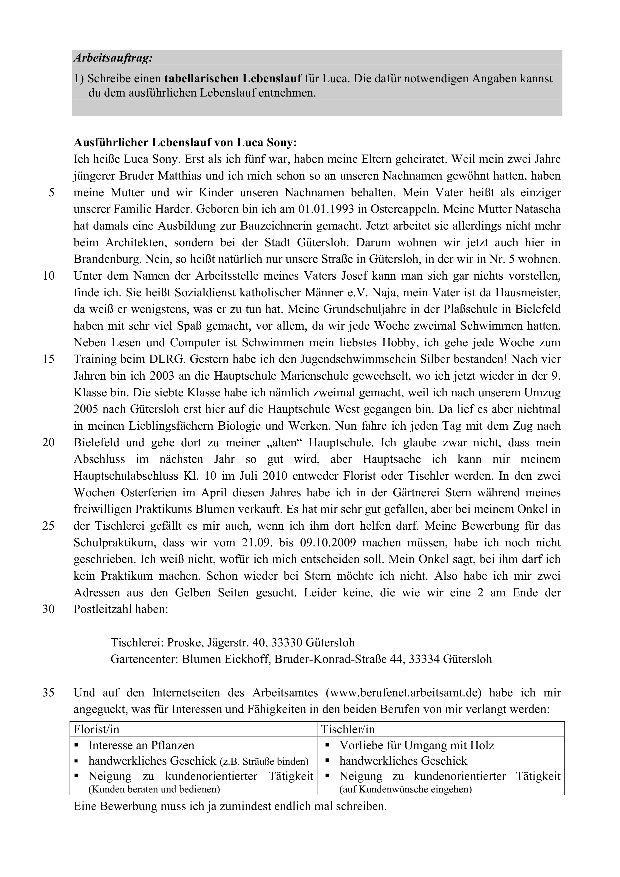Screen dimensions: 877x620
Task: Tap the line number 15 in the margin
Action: (48, 359)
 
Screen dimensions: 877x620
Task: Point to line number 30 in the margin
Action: (48, 609)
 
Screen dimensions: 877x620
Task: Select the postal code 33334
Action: (424, 659)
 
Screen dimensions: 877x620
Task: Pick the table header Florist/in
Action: (96, 729)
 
